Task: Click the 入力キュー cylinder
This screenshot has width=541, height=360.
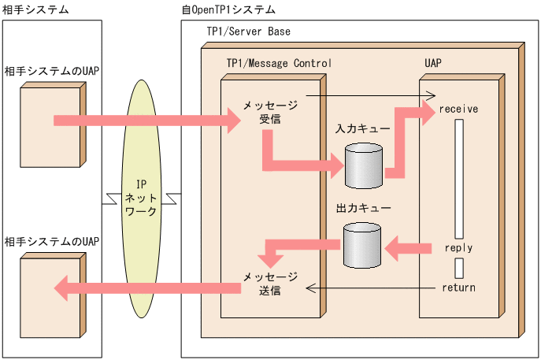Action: point(362,165)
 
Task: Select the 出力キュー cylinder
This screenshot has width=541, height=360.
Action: point(362,247)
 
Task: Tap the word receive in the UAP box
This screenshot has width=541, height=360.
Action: point(460,109)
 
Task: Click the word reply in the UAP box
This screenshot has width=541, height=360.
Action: point(458,247)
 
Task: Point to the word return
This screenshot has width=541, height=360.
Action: point(458,288)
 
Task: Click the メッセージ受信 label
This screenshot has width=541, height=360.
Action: point(270,112)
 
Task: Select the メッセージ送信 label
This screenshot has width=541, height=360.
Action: point(270,283)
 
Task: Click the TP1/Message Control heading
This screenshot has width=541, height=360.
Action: point(279,62)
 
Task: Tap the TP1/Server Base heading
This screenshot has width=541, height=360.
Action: point(248,32)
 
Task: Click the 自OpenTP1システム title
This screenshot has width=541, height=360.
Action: point(228,9)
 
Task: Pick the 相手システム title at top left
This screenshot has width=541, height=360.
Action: point(35,9)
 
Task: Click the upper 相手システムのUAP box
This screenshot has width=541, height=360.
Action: point(52,126)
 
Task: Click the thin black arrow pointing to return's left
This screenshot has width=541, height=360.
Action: point(370,288)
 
